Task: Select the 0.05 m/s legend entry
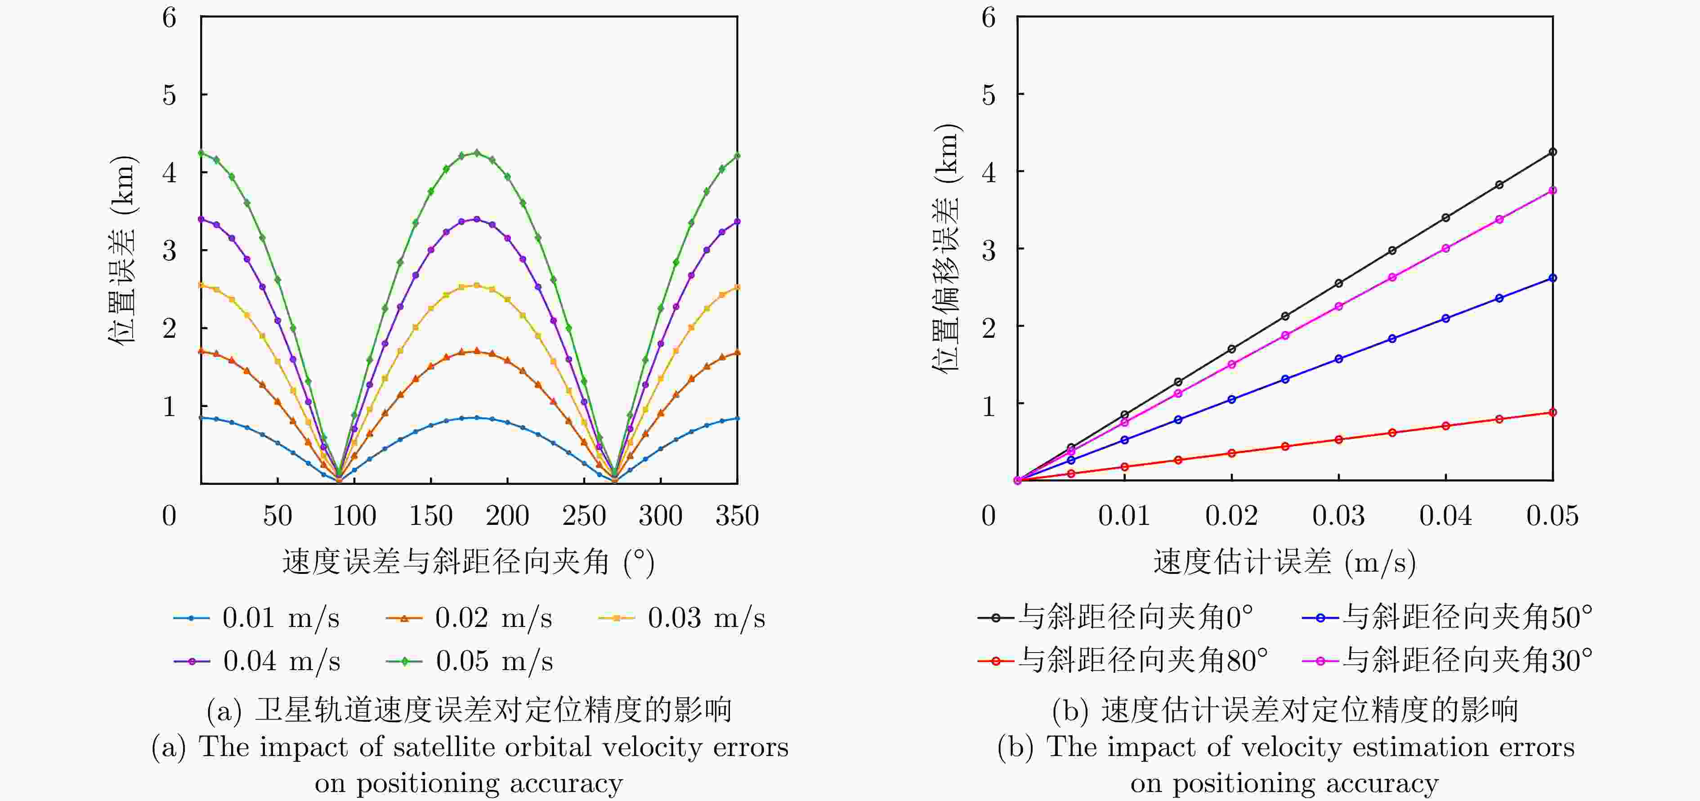click(x=470, y=661)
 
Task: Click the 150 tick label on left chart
click(x=430, y=516)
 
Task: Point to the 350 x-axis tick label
click(x=737, y=516)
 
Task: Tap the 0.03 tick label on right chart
click(x=1338, y=516)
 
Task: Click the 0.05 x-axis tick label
click(x=1552, y=516)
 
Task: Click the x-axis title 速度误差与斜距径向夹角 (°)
click(x=469, y=562)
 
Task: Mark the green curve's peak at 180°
click(x=476, y=152)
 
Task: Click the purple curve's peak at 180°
click(x=476, y=219)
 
